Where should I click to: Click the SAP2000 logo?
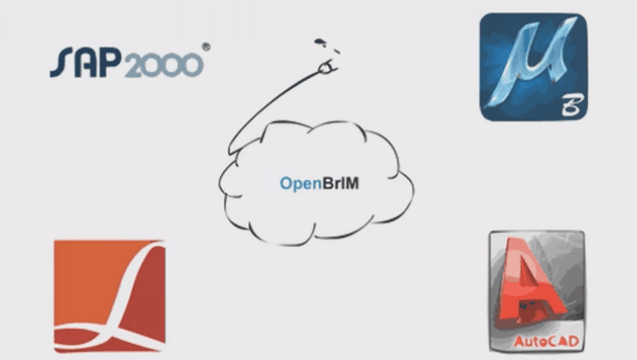coord(130,61)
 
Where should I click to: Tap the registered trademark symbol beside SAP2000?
coord(207,47)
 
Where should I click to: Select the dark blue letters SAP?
coord(86,62)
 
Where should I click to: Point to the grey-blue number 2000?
coord(164,65)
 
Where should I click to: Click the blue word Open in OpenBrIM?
coord(301,184)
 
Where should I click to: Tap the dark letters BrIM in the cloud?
coord(341,183)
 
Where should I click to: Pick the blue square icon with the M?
coord(534,67)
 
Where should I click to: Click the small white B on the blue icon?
coord(573,105)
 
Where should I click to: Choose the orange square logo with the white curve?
coord(110,297)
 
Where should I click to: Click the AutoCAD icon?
coord(537,291)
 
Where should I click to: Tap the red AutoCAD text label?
coord(545,341)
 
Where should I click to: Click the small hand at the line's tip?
coord(327,67)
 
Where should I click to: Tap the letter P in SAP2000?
coord(111,62)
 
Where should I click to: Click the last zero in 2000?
coord(192,66)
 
